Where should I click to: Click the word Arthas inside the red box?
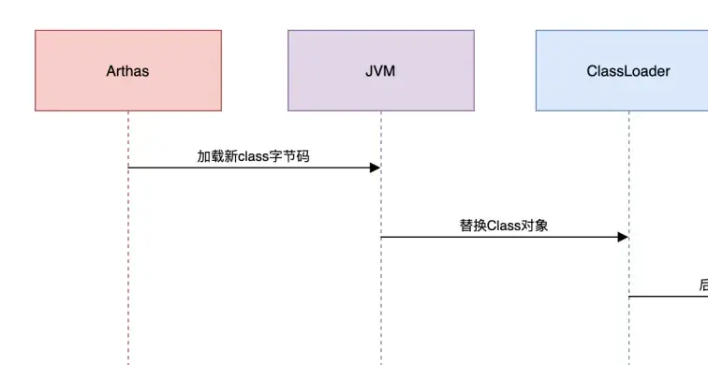pyautogui.click(x=128, y=70)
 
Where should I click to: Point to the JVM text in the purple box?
pyautogui.click(x=380, y=70)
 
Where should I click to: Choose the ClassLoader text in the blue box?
pyautogui.click(x=628, y=70)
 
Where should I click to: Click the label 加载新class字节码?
pyautogui.click(x=253, y=156)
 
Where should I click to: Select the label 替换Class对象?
pyautogui.click(x=504, y=226)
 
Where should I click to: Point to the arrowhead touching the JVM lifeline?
pyautogui.click(x=375, y=168)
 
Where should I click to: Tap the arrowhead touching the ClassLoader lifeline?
pyautogui.click(x=622, y=238)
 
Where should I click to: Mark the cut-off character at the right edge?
pyautogui.click(x=703, y=285)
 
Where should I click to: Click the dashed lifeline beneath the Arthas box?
pyautogui.click(x=128, y=262)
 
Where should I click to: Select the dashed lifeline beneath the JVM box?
pyautogui.click(x=380, y=299)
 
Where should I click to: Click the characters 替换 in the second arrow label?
pyautogui.click(x=473, y=226)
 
